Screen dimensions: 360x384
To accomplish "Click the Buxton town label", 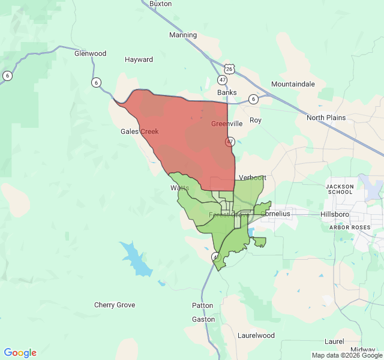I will (x=160, y=4).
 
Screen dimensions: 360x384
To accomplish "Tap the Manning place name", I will (x=183, y=35).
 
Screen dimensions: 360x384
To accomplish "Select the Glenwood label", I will (x=90, y=53).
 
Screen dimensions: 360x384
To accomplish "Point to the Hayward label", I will (x=139, y=59).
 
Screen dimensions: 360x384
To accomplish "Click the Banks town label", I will (x=227, y=92).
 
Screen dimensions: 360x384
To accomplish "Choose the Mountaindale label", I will (x=293, y=84).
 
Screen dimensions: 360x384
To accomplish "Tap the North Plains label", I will (x=326, y=118).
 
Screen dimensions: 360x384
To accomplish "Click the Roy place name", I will (x=256, y=120).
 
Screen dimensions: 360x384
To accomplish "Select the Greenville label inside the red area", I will (x=227, y=124).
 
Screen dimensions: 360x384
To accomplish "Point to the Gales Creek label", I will (x=139, y=131).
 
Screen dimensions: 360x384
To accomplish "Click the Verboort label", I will (x=252, y=178).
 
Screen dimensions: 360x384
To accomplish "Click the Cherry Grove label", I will (x=115, y=305).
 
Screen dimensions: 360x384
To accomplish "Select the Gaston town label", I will (x=203, y=319).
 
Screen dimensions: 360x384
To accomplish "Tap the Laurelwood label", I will (x=256, y=335).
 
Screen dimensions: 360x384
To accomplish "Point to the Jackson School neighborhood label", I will (x=340, y=190).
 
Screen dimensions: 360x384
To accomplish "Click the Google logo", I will (x=20, y=353).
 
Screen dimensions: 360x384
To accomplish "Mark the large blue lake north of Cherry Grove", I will (x=137, y=259).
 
